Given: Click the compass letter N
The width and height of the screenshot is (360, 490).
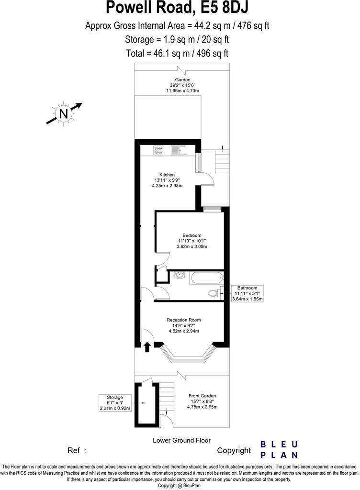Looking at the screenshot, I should tap(63, 113).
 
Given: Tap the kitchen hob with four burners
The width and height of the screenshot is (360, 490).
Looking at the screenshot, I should tap(159, 150).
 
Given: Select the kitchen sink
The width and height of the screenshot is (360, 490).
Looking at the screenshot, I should tap(179, 150).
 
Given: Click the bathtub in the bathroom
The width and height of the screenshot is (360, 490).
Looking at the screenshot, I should tap(206, 278).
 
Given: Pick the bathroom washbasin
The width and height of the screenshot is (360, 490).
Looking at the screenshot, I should tap(178, 276).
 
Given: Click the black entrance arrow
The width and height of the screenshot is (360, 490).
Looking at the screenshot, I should tap(147, 347).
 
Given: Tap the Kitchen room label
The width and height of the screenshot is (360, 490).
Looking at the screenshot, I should tap(167, 175).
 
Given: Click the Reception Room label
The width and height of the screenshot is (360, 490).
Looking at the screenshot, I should tap(183, 320).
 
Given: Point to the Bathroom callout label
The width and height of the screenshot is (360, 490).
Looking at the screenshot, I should tap(247, 289).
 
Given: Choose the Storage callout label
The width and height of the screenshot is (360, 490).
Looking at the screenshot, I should tap(114, 397).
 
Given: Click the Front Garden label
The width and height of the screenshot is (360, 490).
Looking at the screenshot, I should tap(202, 396).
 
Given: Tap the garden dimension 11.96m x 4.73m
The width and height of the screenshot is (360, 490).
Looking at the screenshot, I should tap(182, 90).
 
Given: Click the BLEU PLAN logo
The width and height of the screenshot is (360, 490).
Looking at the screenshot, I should tap(279, 450).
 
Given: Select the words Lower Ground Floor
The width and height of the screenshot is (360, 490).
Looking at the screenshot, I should tap(181, 440).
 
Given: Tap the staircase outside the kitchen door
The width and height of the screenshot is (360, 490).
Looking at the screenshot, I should tap(222, 161).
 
